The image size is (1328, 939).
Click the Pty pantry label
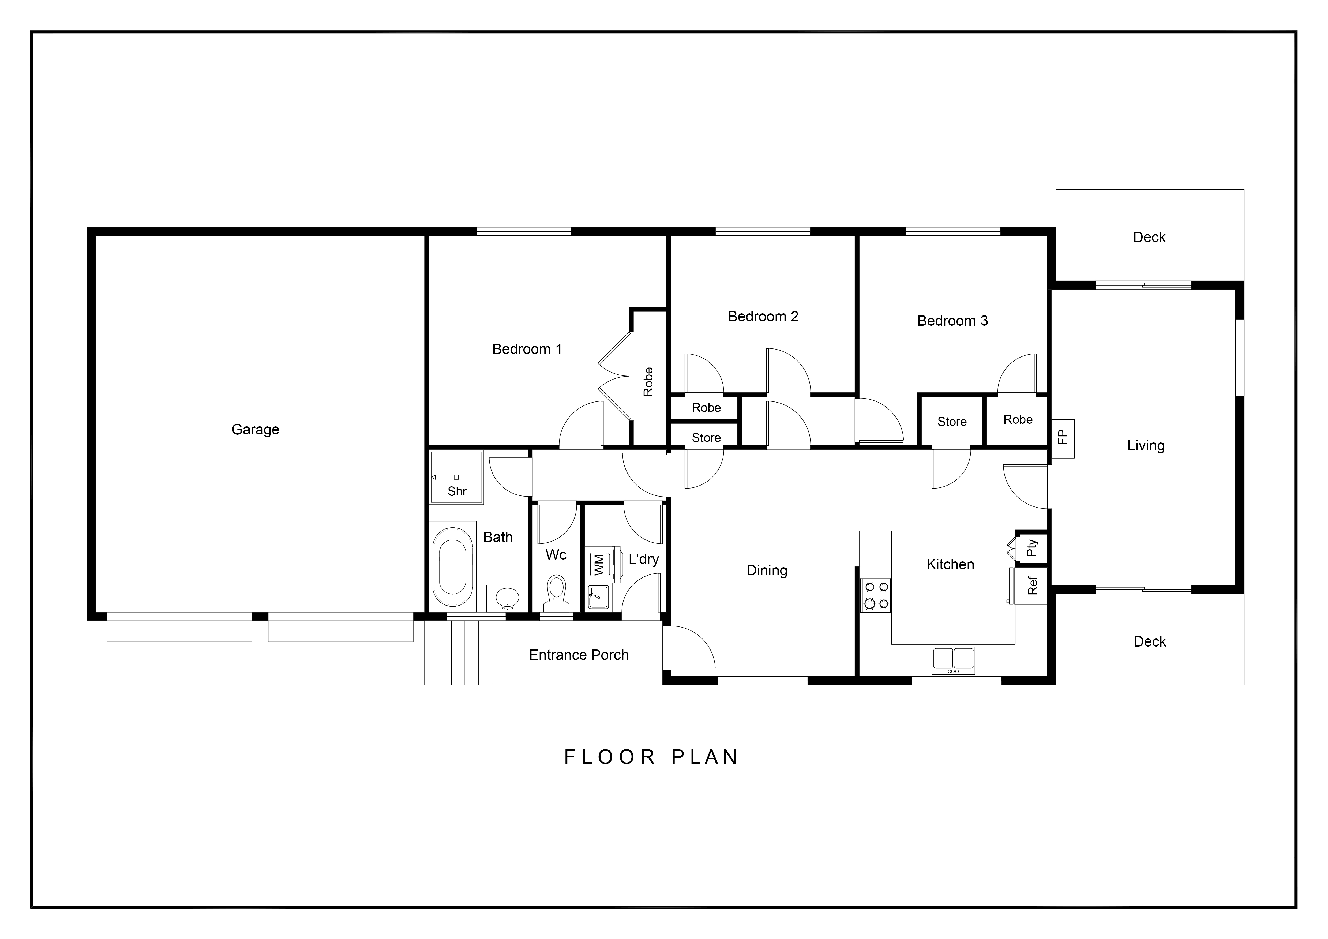(1033, 547)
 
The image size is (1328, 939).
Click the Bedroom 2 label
(763, 316)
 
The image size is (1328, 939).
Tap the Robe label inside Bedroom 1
(648, 382)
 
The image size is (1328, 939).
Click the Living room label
(1146, 446)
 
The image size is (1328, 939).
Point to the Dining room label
(767, 571)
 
